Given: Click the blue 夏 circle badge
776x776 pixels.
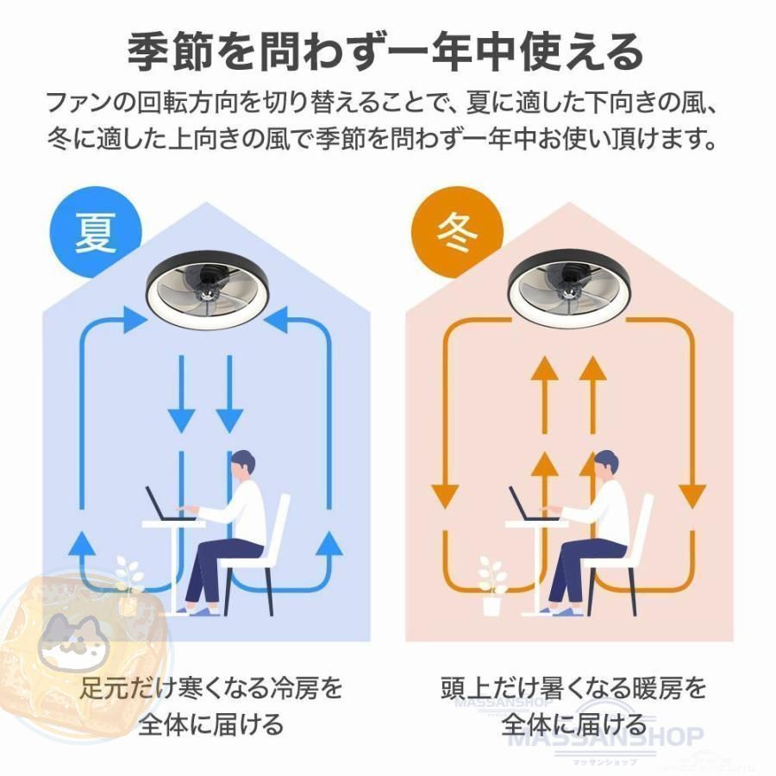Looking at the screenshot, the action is tap(96, 232).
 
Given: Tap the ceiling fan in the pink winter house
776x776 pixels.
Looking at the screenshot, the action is tap(570, 291).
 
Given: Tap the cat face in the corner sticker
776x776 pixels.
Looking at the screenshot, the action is tap(74, 639).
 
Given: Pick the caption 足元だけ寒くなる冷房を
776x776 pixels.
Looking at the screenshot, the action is tap(211, 688).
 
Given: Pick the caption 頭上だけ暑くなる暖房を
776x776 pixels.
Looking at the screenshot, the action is tap(573, 688).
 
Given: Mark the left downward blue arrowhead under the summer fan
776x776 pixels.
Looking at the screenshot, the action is tap(181, 421).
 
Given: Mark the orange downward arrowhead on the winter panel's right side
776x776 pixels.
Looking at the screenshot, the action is tap(692, 497).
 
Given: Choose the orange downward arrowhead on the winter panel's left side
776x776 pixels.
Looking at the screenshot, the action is tap(446, 497).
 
